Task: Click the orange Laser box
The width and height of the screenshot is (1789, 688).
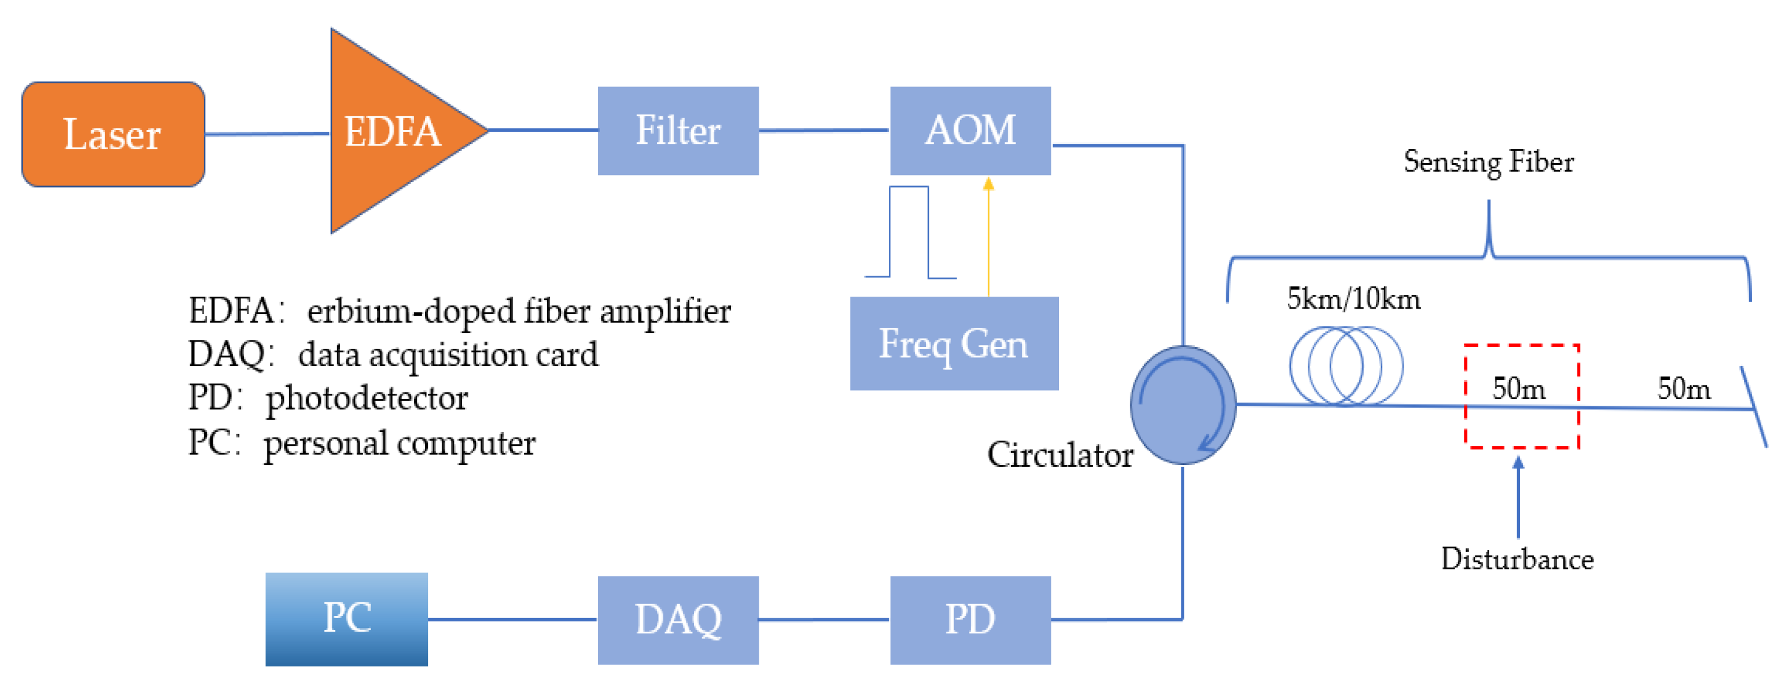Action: pyautogui.click(x=113, y=134)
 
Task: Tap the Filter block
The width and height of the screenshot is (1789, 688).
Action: pyautogui.click(x=678, y=131)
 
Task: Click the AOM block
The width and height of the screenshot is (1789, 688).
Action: pyautogui.click(x=970, y=131)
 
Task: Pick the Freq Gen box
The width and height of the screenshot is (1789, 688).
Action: pyautogui.click(x=954, y=343)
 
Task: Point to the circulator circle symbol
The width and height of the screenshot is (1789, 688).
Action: pyautogui.click(x=1182, y=405)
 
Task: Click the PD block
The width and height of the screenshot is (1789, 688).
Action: pyautogui.click(x=970, y=619)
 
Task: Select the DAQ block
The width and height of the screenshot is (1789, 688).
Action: pyautogui.click(x=678, y=619)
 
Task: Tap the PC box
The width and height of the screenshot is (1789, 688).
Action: pyautogui.click(x=346, y=618)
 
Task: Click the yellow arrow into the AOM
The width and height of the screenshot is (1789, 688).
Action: pyautogui.click(x=988, y=236)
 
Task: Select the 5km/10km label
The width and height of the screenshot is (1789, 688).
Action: pyautogui.click(x=1353, y=299)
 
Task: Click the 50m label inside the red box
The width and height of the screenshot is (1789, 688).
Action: pyautogui.click(x=1519, y=389)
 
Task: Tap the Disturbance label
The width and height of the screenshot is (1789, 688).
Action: pyautogui.click(x=1518, y=559)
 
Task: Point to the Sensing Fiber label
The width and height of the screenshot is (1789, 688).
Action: pyautogui.click(x=1488, y=162)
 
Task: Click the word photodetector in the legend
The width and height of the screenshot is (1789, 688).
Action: pyautogui.click(x=367, y=399)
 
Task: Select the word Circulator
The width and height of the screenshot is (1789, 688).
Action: pyautogui.click(x=1060, y=455)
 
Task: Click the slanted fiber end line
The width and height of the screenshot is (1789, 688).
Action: pyautogui.click(x=1754, y=408)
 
